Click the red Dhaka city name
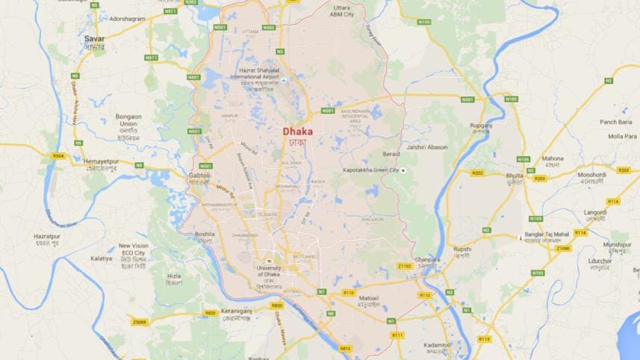298,131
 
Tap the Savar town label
94,37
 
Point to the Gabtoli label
199,175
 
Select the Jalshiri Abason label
428,147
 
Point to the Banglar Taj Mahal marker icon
521,237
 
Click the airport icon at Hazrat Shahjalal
283,79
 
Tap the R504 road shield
58,156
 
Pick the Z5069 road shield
139,322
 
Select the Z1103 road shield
405,266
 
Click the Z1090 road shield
562,248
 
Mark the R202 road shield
477,173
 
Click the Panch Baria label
615,121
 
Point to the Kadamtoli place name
436,345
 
